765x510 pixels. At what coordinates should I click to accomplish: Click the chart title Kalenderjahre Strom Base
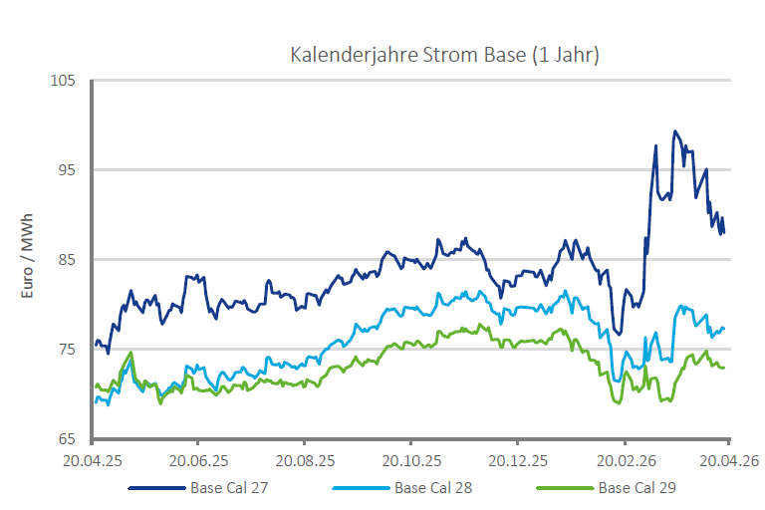tap(443, 55)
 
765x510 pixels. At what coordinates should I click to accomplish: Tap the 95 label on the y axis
tap(67, 170)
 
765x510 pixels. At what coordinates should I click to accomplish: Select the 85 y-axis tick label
tap(67, 260)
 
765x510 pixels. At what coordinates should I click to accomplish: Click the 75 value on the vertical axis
tap(67, 350)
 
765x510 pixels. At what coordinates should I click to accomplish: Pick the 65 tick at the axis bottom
tap(67, 439)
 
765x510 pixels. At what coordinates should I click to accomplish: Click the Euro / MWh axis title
tap(29, 258)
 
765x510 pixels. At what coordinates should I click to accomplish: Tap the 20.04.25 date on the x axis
tap(92, 460)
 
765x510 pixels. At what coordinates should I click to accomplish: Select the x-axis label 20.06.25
tap(198, 460)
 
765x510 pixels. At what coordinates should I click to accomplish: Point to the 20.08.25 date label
tap(305, 460)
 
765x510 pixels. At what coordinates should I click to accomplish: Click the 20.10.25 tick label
tap(411, 460)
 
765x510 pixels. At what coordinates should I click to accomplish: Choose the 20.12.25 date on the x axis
tap(518, 460)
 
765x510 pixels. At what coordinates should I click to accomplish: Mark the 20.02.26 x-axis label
tap(625, 460)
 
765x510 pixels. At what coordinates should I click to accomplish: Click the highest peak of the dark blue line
tap(675, 130)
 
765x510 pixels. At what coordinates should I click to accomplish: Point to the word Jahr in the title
tap(572, 55)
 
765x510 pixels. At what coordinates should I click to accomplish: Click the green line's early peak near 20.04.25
tap(130, 353)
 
